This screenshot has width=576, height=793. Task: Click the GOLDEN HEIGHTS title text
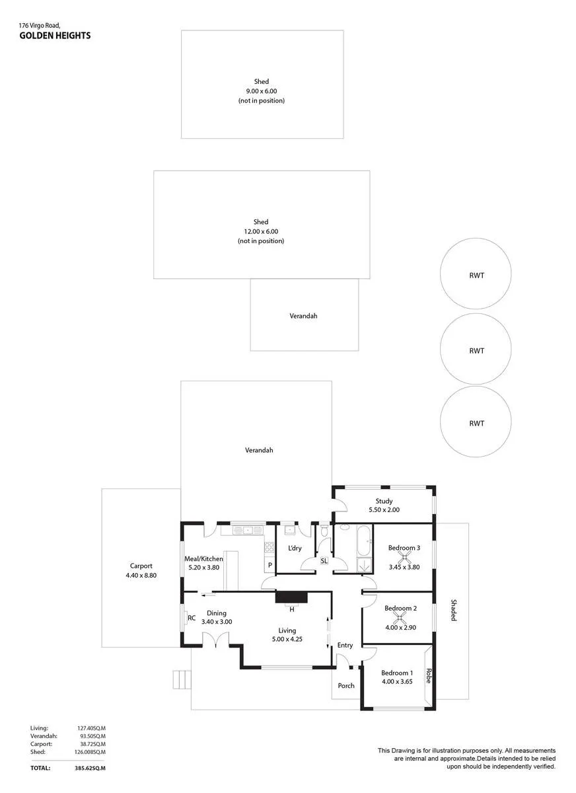pos(55,36)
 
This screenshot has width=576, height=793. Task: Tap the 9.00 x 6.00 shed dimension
pos(262,91)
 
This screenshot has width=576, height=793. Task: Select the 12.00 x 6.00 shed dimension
pos(261,231)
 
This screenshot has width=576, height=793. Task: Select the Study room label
pos(384,501)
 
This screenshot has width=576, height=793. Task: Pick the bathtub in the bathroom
pos(364,542)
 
